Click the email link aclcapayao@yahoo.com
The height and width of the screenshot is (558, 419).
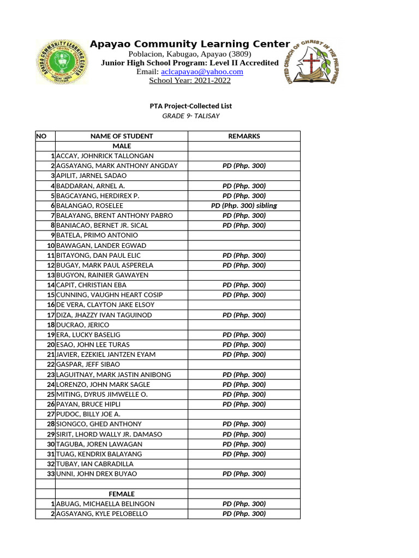click(202, 72)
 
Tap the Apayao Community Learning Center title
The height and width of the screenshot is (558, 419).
click(190, 44)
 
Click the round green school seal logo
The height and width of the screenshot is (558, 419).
click(62, 62)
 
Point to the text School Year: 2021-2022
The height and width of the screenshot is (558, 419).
click(190, 81)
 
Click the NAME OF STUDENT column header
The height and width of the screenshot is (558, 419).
click(122, 136)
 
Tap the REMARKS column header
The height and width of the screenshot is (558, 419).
click(244, 136)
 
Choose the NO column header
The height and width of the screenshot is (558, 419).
click(42, 136)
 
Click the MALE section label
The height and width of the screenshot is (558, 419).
click(122, 146)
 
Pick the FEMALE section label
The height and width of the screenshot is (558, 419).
click(122, 494)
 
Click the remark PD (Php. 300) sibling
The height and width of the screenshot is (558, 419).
click(244, 205)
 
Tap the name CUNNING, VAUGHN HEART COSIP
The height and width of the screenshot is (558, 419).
click(110, 295)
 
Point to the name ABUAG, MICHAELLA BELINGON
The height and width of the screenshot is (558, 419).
click(105, 504)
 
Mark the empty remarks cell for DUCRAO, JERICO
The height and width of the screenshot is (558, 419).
click(244, 325)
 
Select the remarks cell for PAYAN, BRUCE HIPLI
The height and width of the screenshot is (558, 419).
click(244, 404)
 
